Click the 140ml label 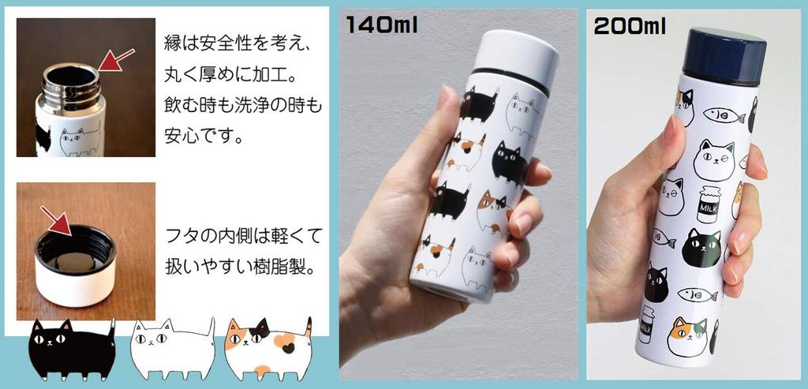pos(381,24)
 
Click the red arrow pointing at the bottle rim pos(116,62)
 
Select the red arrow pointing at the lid pos(58,219)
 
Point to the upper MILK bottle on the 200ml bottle pos(709,204)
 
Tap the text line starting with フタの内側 pos(245,235)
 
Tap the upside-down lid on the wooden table pos(76,268)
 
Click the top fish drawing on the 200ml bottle pos(724,117)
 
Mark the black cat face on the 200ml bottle pos(701,247)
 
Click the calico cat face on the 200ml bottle pos(687,336)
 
